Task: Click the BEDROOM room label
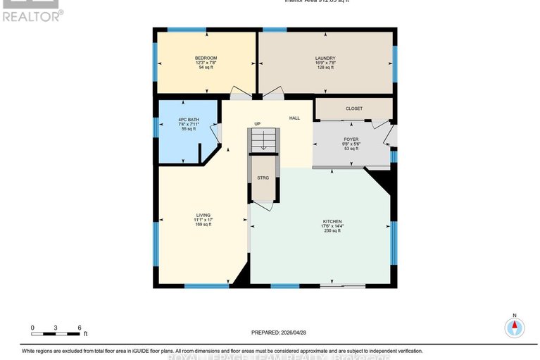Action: click(206, 58)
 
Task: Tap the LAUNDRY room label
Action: click(325, 58)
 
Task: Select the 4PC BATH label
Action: click(189, 120)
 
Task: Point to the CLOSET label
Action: click(353, 108)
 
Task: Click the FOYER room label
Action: click(351, 139)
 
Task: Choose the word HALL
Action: click(294, 118)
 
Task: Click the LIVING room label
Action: click(203, 215)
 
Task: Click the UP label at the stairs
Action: click(258, 124)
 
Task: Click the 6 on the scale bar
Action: click(80, 328)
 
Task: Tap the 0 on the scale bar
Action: click(32, 328)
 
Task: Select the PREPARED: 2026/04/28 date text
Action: click(280, 332)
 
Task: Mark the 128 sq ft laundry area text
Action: click(325, 68)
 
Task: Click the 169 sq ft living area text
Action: click(203, 225)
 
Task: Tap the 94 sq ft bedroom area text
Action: click(206, 68)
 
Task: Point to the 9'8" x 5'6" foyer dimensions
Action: click(351, 144)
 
